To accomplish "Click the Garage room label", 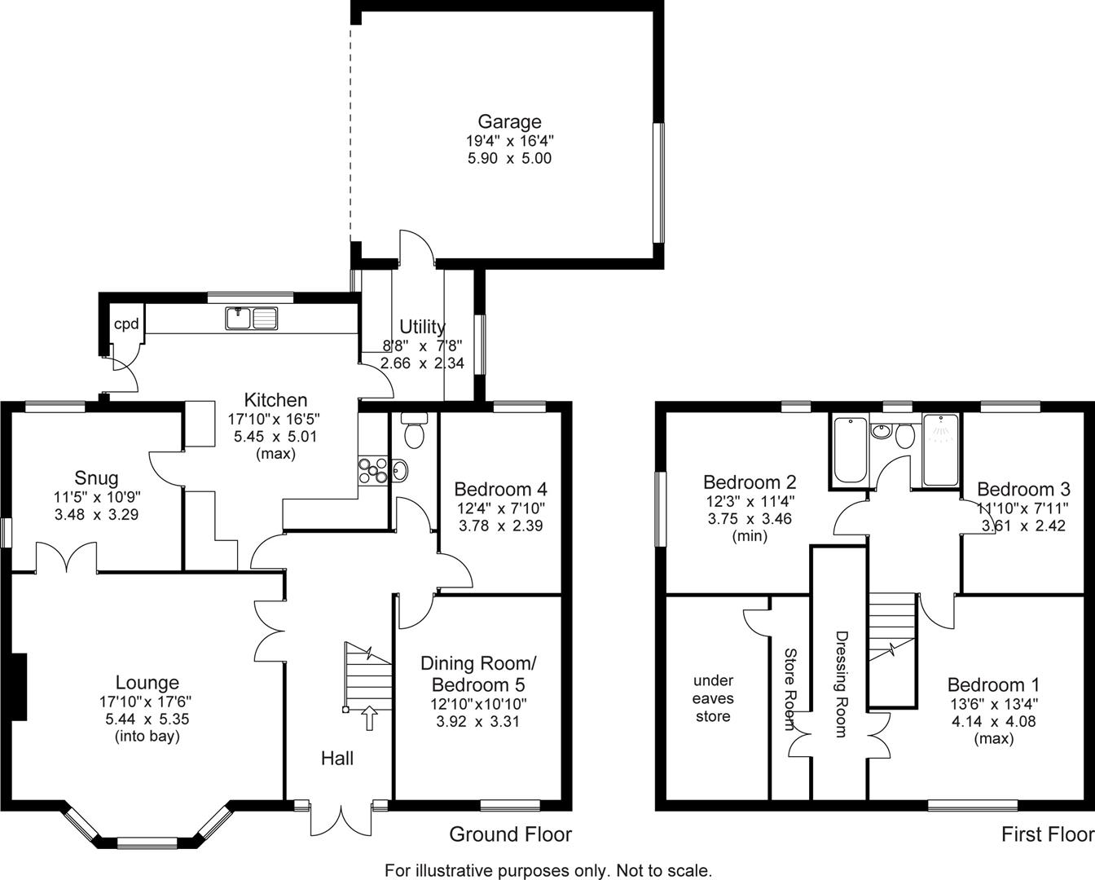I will (509, 122).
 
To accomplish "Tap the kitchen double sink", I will (253, 318).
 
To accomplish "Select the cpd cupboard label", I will (125, 324).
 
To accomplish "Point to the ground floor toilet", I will (415, 431).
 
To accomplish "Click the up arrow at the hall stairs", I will (369, 718).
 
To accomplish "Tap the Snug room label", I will (96, 478).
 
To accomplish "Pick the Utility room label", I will (422, 328).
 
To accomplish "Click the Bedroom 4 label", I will (500, 490).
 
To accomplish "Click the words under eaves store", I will (713, 698).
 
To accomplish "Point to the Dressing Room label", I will (842, 684).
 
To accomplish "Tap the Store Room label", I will (789, 689).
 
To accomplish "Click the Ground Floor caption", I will (511, 834).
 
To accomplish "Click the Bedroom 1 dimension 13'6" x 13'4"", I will (993, 704).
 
